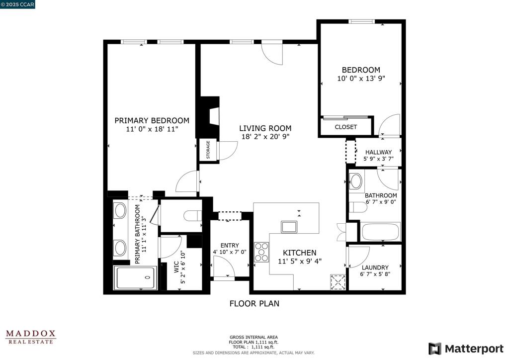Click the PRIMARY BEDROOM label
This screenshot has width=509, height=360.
pyautogui.click(x=152, y=120)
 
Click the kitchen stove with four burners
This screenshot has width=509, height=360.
pyautogui.click(x=261, y=252)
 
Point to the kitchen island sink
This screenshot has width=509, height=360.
pyautogui.click(x=289, y=227)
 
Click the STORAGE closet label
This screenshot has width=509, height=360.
pyautogui.click(x=208, y=149)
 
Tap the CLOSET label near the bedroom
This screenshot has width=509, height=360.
pyautogui.click(x=345, y=127)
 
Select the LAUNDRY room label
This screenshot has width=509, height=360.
pyautogui.click(x=375, y=268)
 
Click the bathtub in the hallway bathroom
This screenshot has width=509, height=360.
pyautogui.click(x=381, y=232)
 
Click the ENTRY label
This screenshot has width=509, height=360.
pyautogui.click(x=229, y=245)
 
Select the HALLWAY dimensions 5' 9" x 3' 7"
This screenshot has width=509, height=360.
pyautogui.click(x=378, y=160)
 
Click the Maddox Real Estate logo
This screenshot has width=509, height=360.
pyautogui.click(x=31, y=337)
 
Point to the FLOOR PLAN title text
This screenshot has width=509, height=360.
pyautogui.click(x=254, y=303)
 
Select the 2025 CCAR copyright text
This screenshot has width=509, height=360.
pyautogui.click(x=17, y=4)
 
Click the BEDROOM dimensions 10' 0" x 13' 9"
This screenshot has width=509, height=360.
pyautogui.click(x=361, y=79)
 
